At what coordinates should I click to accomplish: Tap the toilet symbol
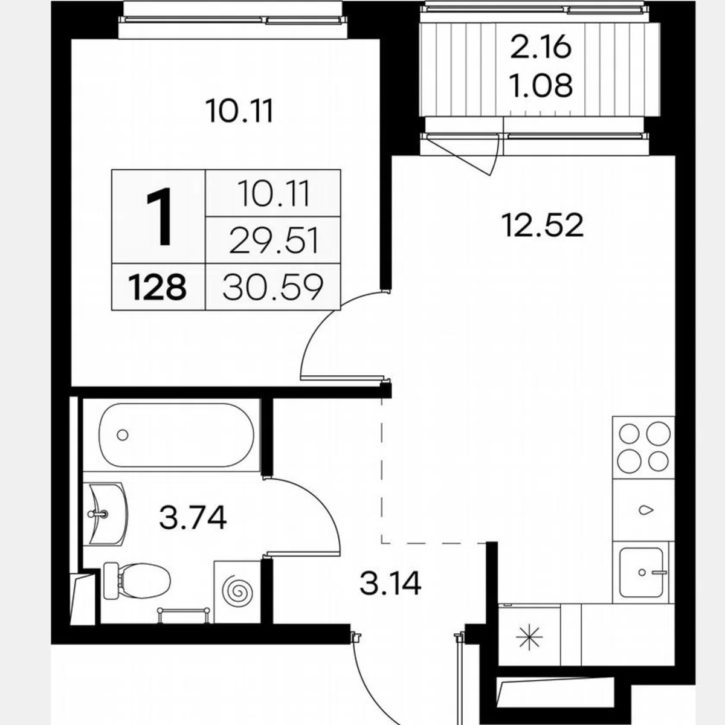(x=136, y=580)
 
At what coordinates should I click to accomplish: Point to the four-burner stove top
(x=643, y=447)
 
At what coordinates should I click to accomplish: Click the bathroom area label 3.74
(x=193, y=518)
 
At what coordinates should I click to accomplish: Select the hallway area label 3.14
(x=390, y=584)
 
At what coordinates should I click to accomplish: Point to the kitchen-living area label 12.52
(x=542, y=226)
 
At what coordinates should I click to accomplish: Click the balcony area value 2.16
(x=541, y=48)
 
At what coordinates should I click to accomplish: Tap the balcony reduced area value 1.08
(x=541, y=86)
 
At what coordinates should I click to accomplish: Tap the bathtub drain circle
(x=123, y=434)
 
